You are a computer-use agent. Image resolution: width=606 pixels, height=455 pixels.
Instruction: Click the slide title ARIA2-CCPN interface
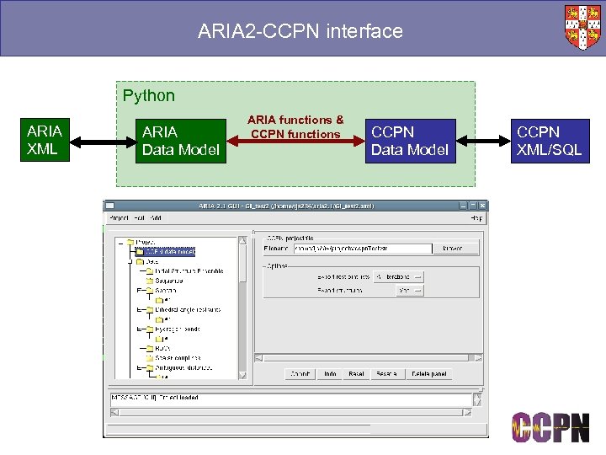[300, 32]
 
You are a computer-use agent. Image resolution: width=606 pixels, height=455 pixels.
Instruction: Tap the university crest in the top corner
[582, 28]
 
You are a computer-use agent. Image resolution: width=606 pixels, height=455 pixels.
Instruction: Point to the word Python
[149, 96]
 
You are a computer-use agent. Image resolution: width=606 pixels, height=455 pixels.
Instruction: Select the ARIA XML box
[45, 140]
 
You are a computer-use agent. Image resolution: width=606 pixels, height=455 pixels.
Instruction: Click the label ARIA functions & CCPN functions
[295, 127]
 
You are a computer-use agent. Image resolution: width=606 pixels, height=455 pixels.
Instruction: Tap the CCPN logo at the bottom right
[550, 426]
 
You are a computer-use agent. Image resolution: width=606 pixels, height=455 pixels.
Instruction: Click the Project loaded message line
[156, 397]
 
